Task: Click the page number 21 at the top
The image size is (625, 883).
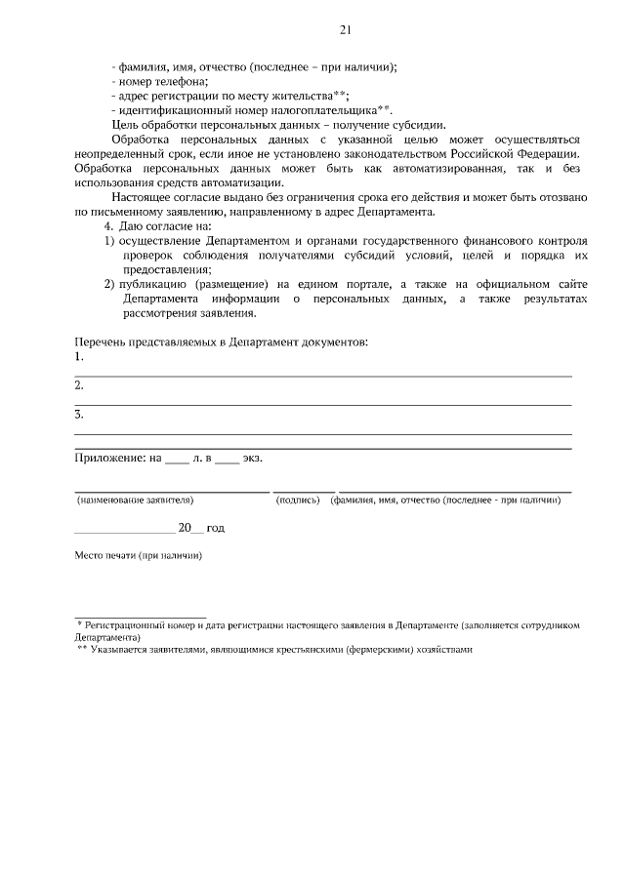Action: click(x=345, y=28)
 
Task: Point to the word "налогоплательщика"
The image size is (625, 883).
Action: click(x=321, y=109)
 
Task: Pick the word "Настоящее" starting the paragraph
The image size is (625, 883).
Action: click(x=138, y=197)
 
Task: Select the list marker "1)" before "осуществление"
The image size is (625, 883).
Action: click(x=109, y=240)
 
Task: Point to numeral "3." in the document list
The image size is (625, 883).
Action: click(x=79, y=415)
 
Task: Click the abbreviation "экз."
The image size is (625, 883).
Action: click(x=252, y=457)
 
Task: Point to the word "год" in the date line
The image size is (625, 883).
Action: click(x=216, y=527)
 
